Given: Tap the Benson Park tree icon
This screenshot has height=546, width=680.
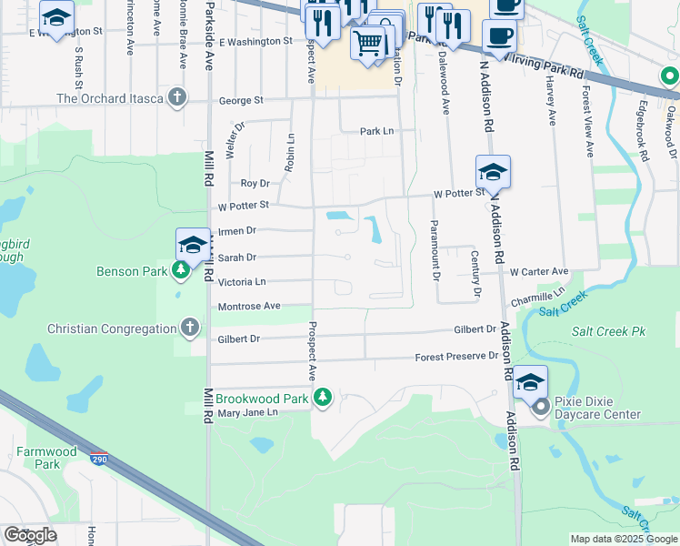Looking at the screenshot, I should [181, 270].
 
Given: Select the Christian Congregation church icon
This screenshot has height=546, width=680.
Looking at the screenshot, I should [190, 328].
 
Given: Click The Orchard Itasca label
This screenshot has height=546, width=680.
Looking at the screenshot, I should [112, 98].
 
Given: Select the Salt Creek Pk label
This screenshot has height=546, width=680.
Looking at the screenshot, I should [609, 331].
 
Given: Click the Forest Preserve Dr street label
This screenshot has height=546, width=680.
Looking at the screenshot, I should [456, 356].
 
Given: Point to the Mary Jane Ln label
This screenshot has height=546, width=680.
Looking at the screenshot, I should [247, 412].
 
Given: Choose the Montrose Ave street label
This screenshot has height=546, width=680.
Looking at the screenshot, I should [249, 307].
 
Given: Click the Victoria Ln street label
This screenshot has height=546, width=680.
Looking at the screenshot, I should [242, 282].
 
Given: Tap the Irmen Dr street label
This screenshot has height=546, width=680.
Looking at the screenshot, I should [237, 231].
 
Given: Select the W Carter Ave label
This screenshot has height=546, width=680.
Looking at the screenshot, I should [538, 271].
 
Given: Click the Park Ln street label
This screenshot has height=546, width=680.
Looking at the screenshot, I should [376, 131].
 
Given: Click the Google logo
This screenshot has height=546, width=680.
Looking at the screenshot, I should [31, 535].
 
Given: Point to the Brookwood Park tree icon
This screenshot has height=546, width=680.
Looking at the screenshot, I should [322, 397].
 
